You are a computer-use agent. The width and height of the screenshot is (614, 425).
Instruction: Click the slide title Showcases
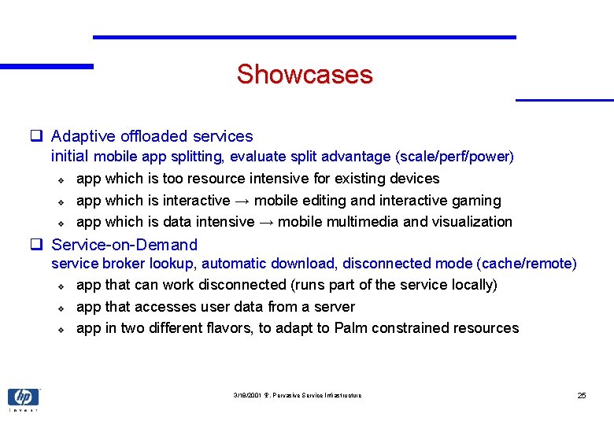[304, 75]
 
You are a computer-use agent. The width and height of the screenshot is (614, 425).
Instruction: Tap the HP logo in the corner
[23, 397]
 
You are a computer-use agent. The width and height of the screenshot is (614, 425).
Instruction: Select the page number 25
[582, 395]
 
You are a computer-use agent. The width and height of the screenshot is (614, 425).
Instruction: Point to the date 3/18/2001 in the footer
[248, 395]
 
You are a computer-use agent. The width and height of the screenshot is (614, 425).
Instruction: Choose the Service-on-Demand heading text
[124, 245]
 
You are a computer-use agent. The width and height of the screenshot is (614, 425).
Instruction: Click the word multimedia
[358, 222]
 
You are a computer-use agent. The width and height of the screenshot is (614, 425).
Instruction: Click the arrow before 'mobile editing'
[242, 201]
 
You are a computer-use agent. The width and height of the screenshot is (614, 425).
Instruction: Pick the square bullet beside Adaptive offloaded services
[36, 136]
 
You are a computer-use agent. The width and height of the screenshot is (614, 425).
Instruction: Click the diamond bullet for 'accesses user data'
[61, 308]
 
